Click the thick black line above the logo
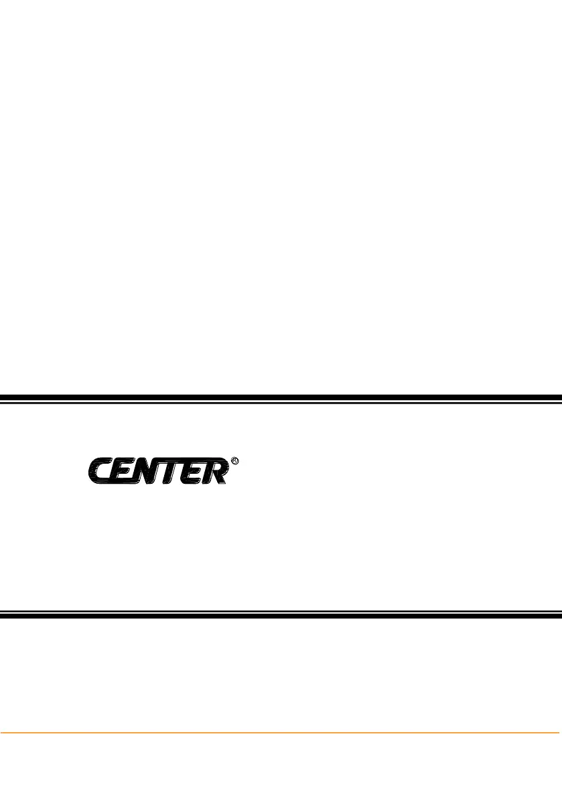(x=281, y=397)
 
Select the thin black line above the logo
(x=281, y=403)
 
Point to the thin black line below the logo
(x=281, y=610)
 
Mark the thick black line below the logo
(x=281, y=616)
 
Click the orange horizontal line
(x=281, y=732)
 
